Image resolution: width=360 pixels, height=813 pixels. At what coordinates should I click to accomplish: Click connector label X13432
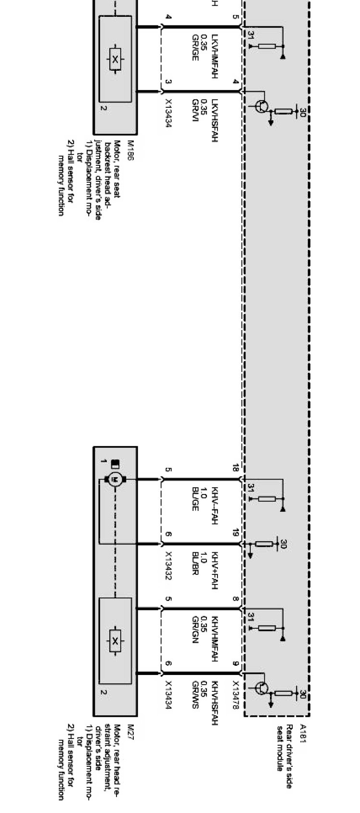pyautogui.click(x=168, y=559)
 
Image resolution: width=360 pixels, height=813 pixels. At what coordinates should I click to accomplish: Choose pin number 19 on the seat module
pyautogui.click(x=235, y=533)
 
